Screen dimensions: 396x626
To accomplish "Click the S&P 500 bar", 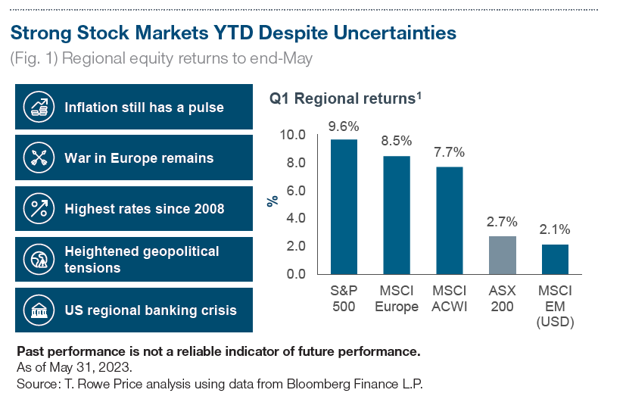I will click(344, 206).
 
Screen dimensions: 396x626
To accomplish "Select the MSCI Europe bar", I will click(397, 214).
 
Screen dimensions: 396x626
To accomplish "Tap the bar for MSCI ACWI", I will click(450, 220).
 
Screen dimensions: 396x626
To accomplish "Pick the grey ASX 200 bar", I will click(502, 254).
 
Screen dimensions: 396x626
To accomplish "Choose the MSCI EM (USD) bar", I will click(555, 259).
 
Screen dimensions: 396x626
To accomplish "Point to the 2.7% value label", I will click(502, 222).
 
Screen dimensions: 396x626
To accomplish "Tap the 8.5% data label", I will click(397, 141).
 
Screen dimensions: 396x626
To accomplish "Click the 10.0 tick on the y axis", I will click(291, 135).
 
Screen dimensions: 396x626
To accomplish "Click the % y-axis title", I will click(273, 201).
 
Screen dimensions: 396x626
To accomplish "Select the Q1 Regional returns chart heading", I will click(345, 98).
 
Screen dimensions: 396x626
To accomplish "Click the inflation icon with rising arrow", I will click(39, 107).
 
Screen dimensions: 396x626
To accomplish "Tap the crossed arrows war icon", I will click(39, 157).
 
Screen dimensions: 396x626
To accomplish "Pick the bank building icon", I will click(39, 310).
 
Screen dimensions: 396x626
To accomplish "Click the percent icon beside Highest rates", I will click(39, 208).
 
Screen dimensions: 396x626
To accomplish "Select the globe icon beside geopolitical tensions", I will click(39, 259).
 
